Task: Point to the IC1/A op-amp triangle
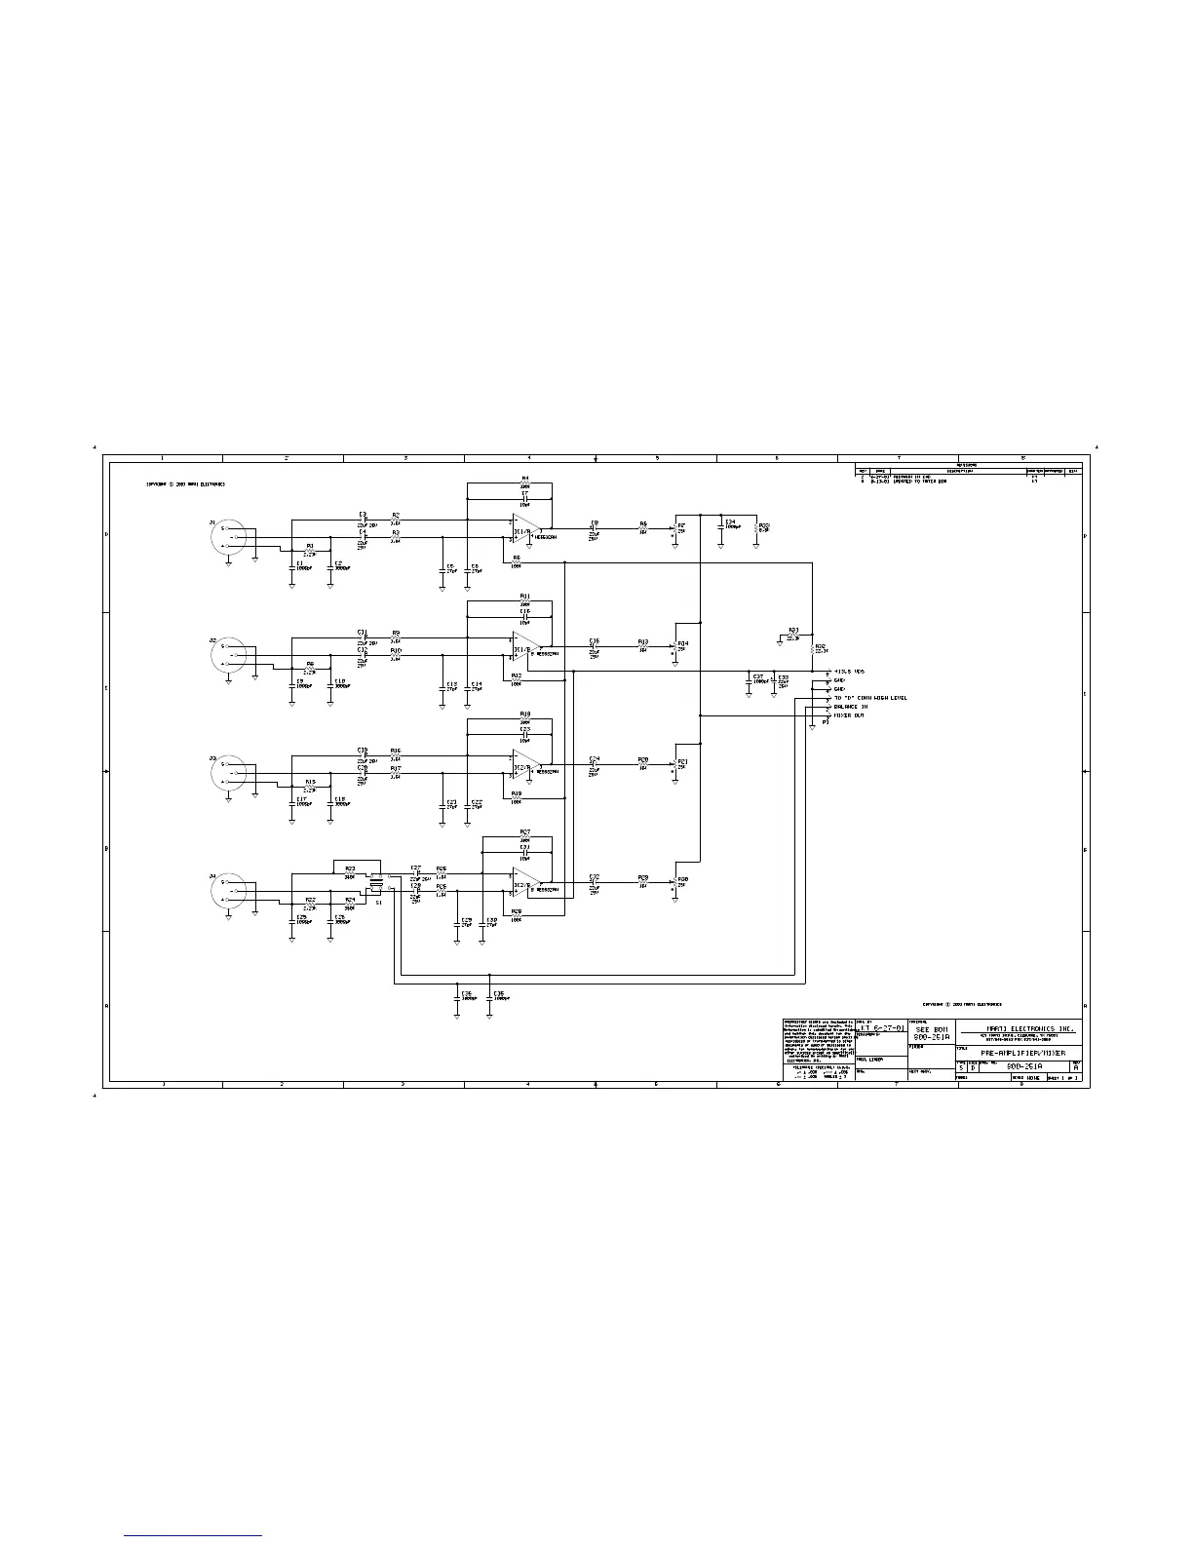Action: tap(526, 528)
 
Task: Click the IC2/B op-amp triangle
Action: tap(526, 880)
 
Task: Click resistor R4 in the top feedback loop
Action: tap(525, 482)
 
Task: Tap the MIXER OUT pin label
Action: tap(849, 715)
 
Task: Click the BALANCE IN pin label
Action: tap(851, 707)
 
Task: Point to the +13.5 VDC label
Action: tap(851, 672)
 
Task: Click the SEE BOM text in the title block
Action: tap(931, 1029)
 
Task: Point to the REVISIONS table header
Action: tap(967, 466)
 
